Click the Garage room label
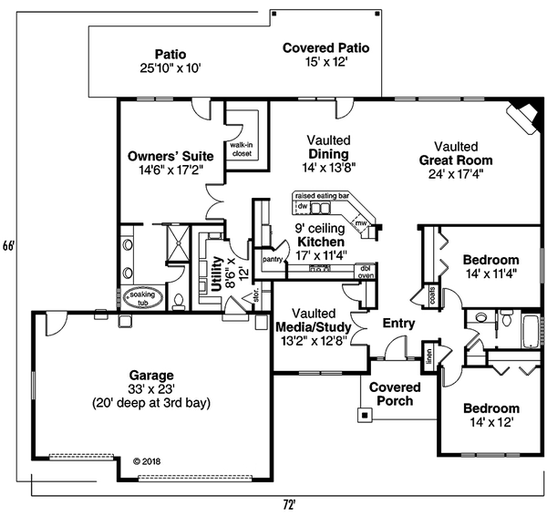[x=152, y=375]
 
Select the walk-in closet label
[x=242, y=150]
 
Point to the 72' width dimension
[x=289, y=503]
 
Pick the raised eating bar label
[x=321, y=196]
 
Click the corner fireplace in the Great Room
[x=522, y=114]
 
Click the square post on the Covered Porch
[x=366, y=415]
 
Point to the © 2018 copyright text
[x=151, y=461]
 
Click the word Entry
[x=398, y=324]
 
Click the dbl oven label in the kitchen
[x=366, y=271]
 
